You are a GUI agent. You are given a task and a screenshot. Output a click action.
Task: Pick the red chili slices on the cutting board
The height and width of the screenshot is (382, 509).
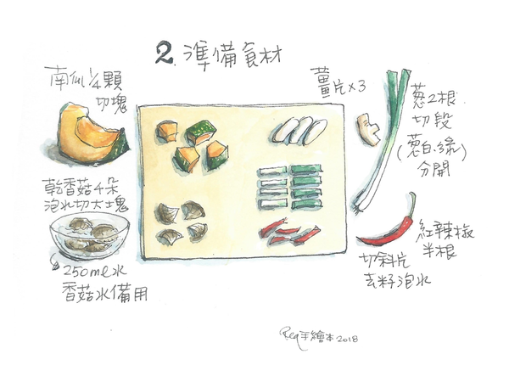coord(288,232)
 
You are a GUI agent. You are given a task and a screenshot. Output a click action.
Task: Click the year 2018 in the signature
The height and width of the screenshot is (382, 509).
coord(345,339)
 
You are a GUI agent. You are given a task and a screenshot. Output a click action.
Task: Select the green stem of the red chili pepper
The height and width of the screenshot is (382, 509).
coord(412,202)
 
